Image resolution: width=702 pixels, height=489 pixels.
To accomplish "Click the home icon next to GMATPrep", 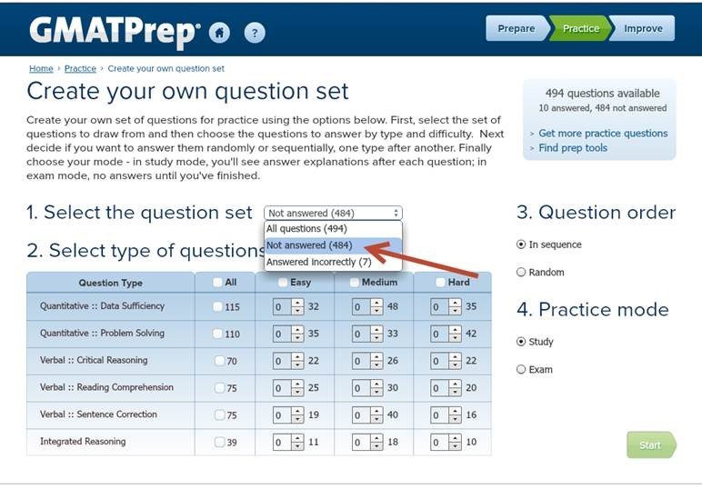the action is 219,33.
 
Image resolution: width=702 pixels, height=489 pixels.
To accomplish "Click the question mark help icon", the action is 255,33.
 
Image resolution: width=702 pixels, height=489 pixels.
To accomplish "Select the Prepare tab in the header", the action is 516,28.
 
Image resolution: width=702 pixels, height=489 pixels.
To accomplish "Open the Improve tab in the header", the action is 643,28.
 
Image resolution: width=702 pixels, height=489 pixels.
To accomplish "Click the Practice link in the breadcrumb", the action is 80,68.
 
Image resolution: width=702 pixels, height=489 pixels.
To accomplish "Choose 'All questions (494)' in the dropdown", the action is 306,229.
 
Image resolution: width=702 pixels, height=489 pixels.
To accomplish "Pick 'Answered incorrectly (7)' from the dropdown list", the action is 319,262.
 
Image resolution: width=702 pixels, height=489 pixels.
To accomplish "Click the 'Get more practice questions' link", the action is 603,134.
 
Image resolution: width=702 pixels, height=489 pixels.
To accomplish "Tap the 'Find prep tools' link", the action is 573,147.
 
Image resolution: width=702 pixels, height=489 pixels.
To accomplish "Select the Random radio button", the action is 521,272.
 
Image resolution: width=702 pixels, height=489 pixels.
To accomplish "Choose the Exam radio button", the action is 521,369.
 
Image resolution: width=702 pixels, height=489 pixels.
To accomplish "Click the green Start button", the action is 651,444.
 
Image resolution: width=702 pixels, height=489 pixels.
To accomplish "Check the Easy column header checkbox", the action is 283,283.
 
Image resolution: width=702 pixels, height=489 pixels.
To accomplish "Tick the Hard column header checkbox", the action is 440,283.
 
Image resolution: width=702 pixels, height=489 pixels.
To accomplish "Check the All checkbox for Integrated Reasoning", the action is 219,442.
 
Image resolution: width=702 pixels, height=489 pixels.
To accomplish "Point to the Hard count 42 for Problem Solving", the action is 471,334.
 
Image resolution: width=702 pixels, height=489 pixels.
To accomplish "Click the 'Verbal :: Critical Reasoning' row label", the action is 94,360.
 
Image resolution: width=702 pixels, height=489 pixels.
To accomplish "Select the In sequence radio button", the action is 521,244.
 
